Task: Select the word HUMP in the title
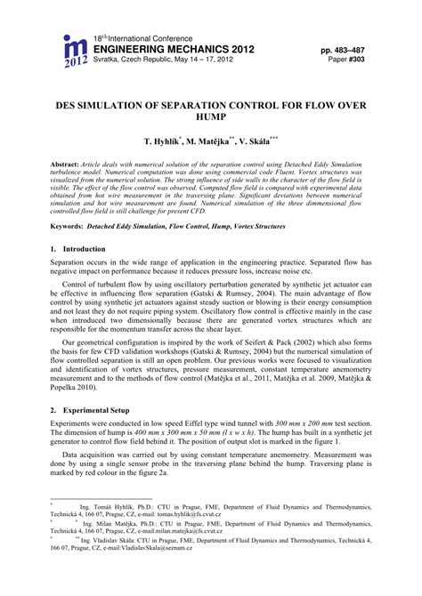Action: (211, 119)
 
